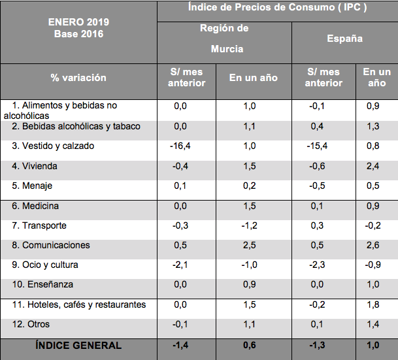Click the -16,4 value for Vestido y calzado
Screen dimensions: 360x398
click(x=180, y=146)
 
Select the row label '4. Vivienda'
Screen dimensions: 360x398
click(x=39, y=166)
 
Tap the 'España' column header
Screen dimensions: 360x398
click(x=344, y=39)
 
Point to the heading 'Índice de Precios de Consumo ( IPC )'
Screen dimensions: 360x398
click(x=276, y=8)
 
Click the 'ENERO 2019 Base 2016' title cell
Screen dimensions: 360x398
click(x=78, y=27)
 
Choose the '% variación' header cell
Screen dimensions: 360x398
click(x=78, y=78)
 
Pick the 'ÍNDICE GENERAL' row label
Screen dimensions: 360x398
click(x=78, y=345)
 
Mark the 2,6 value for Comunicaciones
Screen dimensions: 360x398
click(x=373, y=245)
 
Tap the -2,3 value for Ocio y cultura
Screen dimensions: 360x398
click(x=318, y=265)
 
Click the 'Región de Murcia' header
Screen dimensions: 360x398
click(x=224, y=39)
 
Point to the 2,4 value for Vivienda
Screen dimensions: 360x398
click(x=373, y=166)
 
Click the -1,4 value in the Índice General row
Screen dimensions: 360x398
click(x=180, y=345)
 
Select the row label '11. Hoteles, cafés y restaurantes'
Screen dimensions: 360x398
click(x=79, y=304)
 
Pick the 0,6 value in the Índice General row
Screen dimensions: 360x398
click(x=250, y=345)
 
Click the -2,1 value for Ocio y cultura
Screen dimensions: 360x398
click(x=180, y=265)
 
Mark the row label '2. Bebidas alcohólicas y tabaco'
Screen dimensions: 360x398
click(x=76, y=126)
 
